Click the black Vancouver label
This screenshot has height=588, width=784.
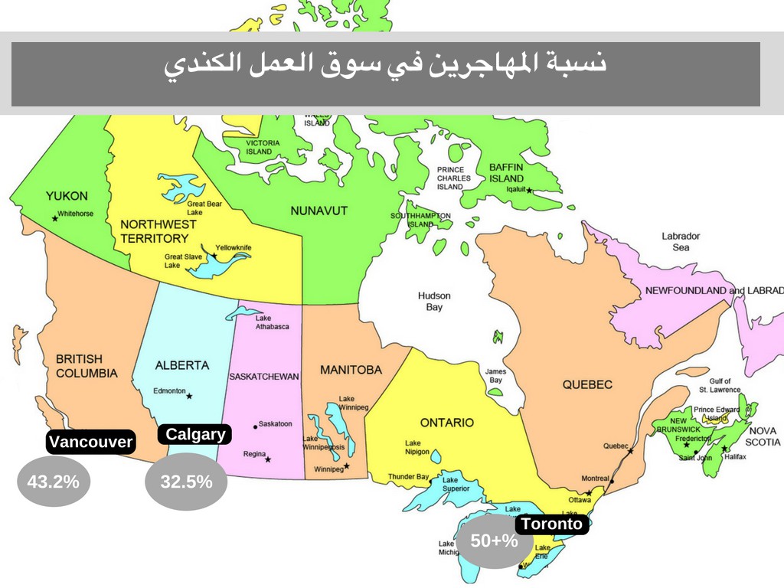click(x=90, y=442)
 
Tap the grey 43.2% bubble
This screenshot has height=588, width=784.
click(x=53, y=482)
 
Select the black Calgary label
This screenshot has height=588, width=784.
click(x=195, y=434)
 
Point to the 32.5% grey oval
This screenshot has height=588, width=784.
click(x=186, y=482)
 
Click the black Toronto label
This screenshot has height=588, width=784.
click(x=552, y=524)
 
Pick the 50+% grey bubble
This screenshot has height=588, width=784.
click(x=495, y=541)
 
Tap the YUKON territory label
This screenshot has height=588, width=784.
click(x=67, y=196)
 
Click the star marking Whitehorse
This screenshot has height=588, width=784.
click(x=54, y=218)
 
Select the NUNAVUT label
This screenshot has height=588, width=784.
click(x=319, y=210)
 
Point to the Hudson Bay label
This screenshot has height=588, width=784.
click(x=434, y=301)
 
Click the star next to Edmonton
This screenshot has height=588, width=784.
click(x=189, y=396)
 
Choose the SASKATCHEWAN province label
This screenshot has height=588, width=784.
click(x=263, y=376)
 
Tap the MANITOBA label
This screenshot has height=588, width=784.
click(x=351, y=370)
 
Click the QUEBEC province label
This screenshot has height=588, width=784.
click(x=587, y=384)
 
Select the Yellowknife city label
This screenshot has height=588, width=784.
click(x=234, y=247)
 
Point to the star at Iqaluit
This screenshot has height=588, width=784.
click(x=529, y=191)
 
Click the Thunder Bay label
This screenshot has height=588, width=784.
click(x=408, y=477)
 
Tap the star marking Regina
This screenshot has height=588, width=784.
click(x=268, y=459)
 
